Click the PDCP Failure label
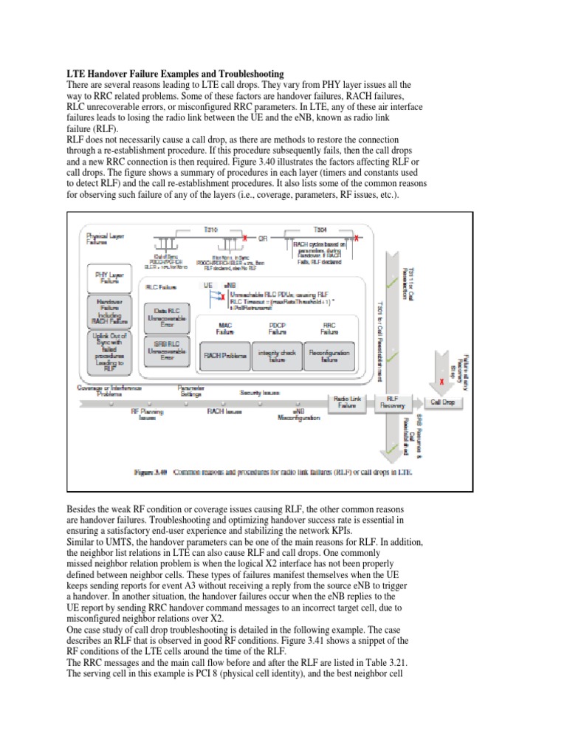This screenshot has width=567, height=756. click(278, 329)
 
